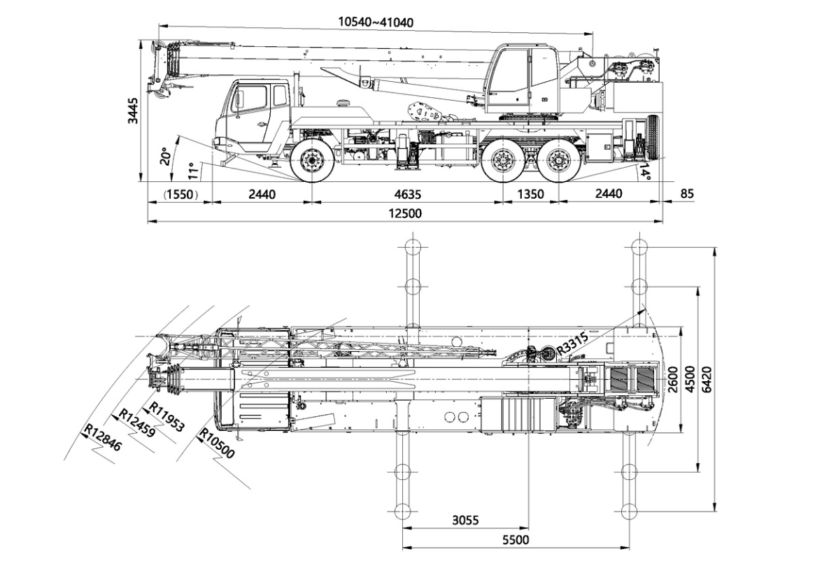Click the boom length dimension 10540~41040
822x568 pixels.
coord(376,22)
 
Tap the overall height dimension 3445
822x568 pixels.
coord(133,111)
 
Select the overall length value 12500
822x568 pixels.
coord(404,213)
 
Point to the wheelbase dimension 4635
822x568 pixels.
coord(404,194)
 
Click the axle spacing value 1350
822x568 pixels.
coord(529,194)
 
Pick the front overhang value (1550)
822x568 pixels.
coord(180,194)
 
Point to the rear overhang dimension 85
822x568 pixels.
coord(686,194)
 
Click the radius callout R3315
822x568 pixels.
coord(572,344)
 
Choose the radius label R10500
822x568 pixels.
coord(217,443)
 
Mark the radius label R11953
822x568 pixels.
coord(168,418)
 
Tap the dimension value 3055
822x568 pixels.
coord(465,520)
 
